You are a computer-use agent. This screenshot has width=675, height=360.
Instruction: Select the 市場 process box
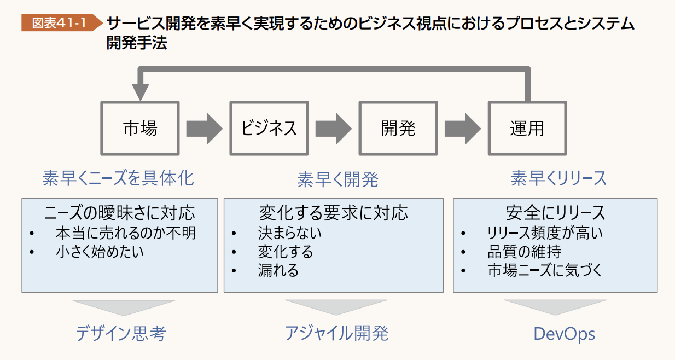click(x=140, y=128)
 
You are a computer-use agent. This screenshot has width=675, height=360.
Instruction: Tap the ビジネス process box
click(x=269, y=128)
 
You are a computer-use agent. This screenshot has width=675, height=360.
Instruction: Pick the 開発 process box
click(x=398, y=128)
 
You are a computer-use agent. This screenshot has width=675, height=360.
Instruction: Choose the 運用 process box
click(x=527, y=128)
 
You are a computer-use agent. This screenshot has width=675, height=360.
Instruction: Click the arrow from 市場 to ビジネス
click(x=203, y=128)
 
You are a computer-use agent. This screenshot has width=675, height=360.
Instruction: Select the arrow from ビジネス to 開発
click(x=333, y=128)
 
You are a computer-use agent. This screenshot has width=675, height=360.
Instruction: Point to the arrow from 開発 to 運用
click(x=462, y=128)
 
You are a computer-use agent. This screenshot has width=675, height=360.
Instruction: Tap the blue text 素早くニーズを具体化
click(x=118, y=178)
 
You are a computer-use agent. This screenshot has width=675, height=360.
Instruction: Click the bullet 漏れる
click(x=278, y=270)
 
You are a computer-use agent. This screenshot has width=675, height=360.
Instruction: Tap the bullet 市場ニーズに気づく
click(x=545, y=270)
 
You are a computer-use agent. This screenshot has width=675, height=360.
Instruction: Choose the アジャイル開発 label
click(x=336, y=334)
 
